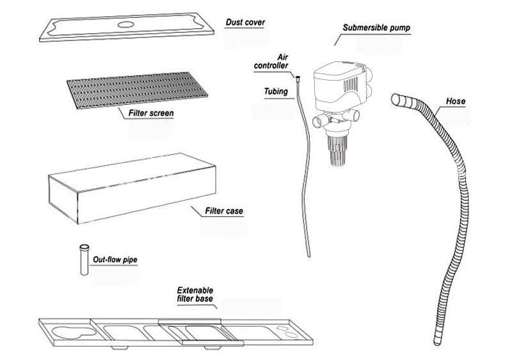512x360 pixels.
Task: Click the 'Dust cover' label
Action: tap(245, 22)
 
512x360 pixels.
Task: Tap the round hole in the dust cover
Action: tap(125, 24)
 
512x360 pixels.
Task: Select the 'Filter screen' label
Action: tap(151, 113)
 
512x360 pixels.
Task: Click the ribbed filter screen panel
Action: tap(137, 90)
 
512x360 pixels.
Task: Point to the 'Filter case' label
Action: tap(224, 211)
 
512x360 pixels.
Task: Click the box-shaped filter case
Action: tap(132, 189)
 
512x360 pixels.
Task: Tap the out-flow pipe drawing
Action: tap(84, 260)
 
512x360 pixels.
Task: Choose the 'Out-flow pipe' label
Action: tap(115, 260)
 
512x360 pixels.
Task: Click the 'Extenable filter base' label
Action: tap(195, 294)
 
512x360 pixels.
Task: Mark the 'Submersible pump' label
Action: tap(376, 27)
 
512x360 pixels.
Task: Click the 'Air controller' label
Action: tap(271, 61)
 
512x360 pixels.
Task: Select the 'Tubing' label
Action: tap(276, 91)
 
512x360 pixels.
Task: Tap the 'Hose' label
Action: tap(456, 101)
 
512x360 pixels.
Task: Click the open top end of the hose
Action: tap(396, 99)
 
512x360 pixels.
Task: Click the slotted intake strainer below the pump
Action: tap(337, 150)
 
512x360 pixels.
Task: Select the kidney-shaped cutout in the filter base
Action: tap(74, 333)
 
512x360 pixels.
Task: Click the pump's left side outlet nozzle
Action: tap(318, 121)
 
